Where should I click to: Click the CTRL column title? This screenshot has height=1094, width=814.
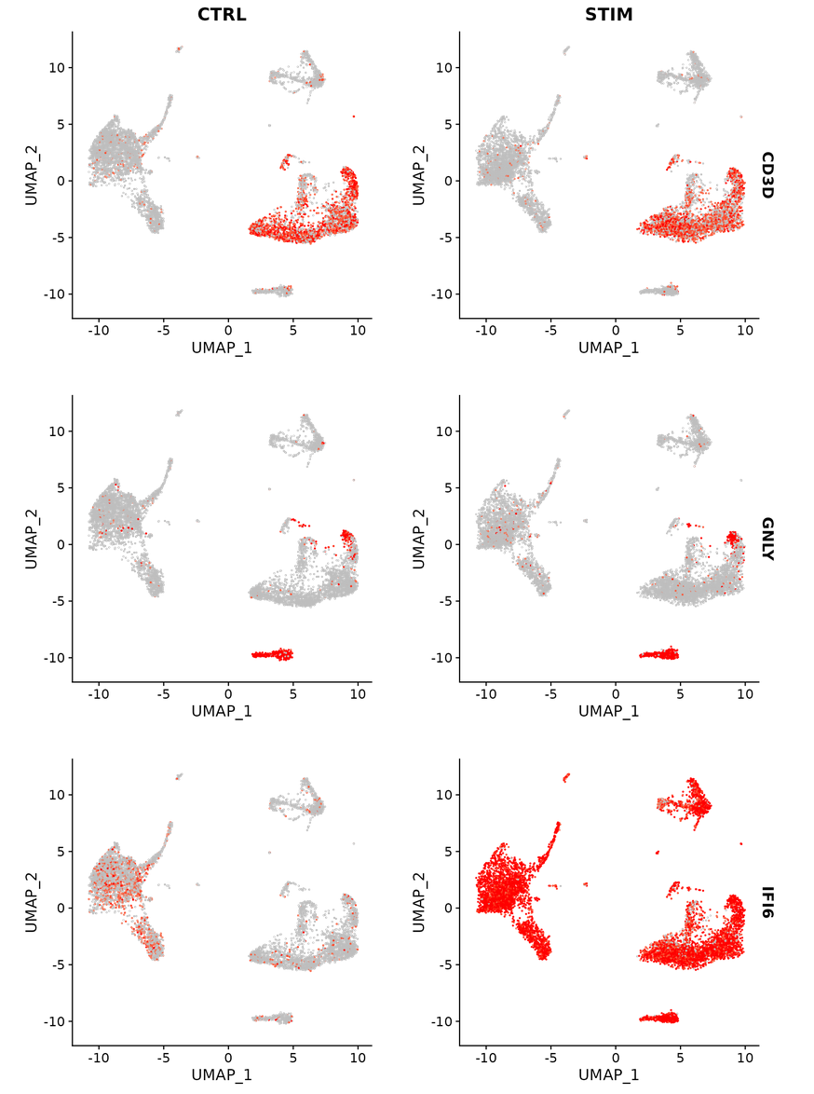(222, 14)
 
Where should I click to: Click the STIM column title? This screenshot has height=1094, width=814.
(608, 14)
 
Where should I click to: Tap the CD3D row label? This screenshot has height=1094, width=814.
(768, 175)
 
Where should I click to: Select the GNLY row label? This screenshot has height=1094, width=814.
(768, 539)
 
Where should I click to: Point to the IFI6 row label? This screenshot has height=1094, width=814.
(768, 902)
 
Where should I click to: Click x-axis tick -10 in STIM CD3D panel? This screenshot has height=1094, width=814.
(485, 330)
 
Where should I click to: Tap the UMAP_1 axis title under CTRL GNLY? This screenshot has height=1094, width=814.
(222, 711)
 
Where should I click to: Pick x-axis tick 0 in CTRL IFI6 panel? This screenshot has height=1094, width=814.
(228, 1057)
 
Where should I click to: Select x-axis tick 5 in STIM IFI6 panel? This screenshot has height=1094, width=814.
(680, 1057)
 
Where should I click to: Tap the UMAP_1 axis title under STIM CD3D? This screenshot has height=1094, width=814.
(608, 348)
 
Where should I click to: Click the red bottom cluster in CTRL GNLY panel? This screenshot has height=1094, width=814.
(272, 654)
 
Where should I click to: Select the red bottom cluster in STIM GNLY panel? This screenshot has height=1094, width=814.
(659, 654)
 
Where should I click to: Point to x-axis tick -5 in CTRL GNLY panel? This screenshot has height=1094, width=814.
(163, 693)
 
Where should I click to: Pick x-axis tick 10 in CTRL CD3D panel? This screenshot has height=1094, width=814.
(358, 330)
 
